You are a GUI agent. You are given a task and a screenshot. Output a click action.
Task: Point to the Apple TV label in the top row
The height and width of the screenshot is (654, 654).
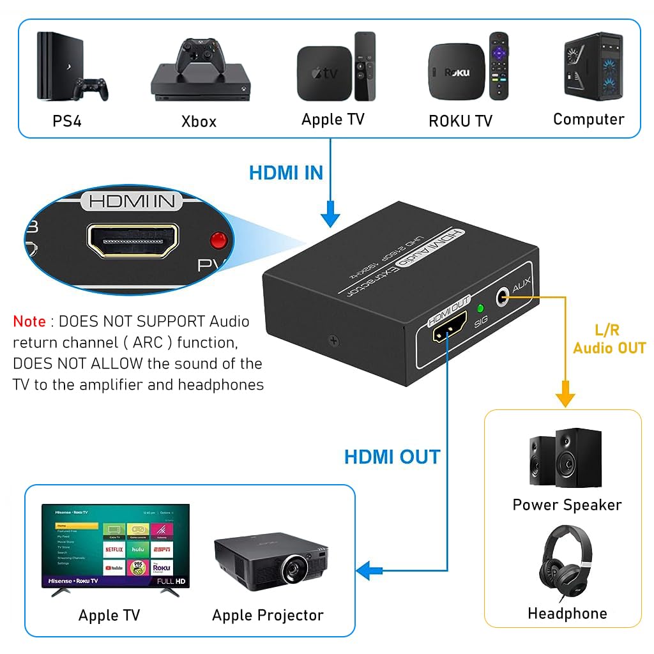point(333,119)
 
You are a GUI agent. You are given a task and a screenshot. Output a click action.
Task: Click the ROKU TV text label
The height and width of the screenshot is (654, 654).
point(460,121)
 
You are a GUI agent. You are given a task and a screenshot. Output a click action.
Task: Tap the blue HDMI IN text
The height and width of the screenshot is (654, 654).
point(285,173)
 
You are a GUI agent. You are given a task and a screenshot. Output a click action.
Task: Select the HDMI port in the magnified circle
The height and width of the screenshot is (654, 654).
point(133,241)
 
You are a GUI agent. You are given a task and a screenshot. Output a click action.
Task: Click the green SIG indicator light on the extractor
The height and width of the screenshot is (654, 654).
point(480,308)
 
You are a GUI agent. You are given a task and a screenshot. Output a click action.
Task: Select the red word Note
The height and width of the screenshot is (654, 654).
point(29,321)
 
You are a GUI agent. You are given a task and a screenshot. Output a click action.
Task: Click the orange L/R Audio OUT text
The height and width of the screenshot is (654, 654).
point(609,339)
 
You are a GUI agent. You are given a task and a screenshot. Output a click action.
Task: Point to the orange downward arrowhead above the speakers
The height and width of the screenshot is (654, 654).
point(565,399)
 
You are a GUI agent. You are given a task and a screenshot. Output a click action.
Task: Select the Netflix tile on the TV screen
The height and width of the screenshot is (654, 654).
point(114,549)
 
